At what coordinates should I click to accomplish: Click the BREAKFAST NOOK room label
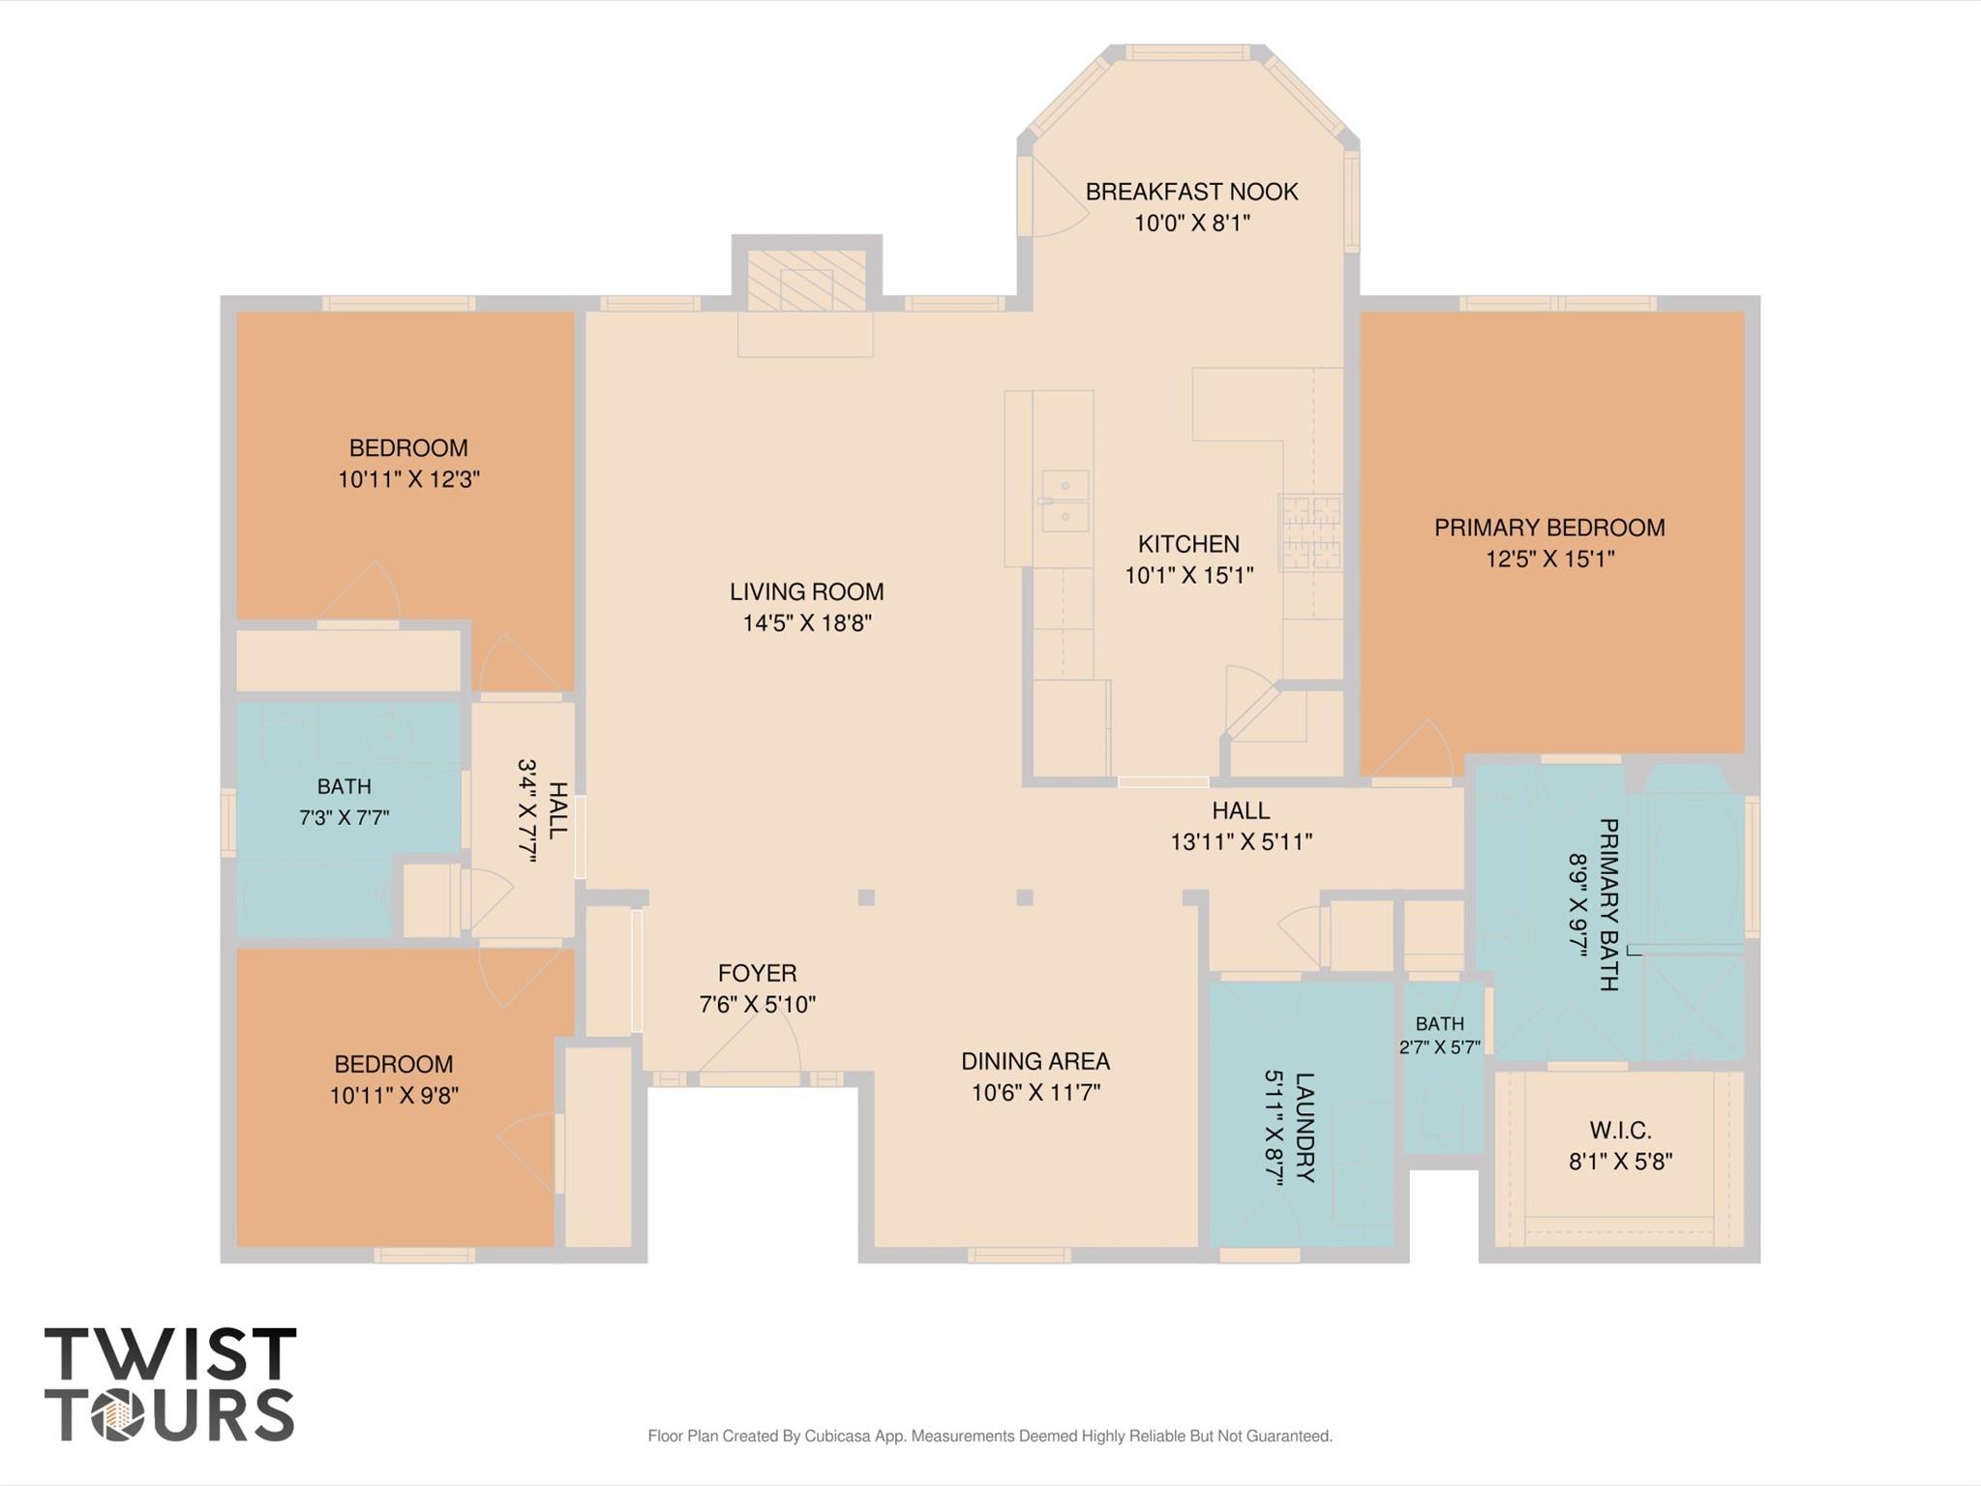pyautogui.click(x=1191, y=192)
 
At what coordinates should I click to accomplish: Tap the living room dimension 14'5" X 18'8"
pyautogui.click(x=807, y=623)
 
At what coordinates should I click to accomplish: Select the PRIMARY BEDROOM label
pyautogui.click(x=1549, y=528)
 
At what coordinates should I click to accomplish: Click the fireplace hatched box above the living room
pyautogui.click(x=806, y=282)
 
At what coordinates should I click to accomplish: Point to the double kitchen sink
pyautogui.click(x=1065, y=501)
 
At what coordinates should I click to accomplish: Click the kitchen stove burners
pyautogui.click(x=1310, y=532)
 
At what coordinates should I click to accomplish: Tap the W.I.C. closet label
pyautogui.click(x=1620, y=1130)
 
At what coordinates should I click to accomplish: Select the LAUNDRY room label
pyautogui.click(x=1304, y=1127)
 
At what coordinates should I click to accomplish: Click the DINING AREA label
pyautogui.click(x=1036, y=1061)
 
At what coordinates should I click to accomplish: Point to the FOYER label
pyautogui.click(x=758, y=973)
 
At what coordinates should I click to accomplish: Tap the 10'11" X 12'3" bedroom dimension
pyautogui.click(x=408, y=479)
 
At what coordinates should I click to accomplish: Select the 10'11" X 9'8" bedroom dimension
pyautogui.click(x=394, y=1096)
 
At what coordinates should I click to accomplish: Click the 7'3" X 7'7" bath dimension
pyautogui.click(x=344, y=818)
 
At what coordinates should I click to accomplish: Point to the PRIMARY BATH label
pyautogui.click(x=1607, y=904)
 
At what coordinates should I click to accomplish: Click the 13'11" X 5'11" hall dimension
pyautogui.click(x=1242, y=842)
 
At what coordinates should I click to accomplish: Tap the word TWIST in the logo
pyautogui.click(x=170, y=1354)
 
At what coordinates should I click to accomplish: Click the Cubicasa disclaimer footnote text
pyautogui.click(x=990, y=1436)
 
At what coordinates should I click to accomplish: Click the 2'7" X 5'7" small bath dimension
pyautogui.click(x=1440, y=1046)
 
